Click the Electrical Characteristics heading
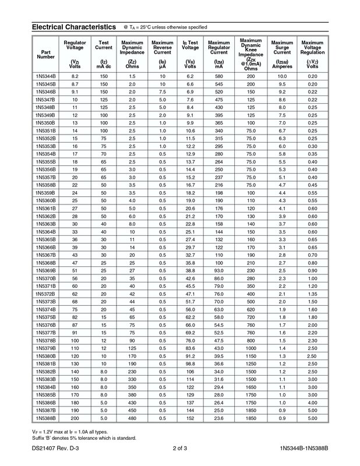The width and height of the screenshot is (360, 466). [74, 27]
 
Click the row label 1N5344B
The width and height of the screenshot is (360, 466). [45, 77]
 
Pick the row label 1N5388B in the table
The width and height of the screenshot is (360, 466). [45, 419]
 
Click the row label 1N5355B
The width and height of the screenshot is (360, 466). [45, 162]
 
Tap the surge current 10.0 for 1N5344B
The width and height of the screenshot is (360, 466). [282, 77]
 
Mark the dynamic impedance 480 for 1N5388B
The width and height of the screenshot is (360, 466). [132, 419]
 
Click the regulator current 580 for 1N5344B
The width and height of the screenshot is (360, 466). [219, 77]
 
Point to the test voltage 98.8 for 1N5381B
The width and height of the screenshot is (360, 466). [189, 364]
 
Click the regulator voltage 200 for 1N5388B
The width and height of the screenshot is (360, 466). [75, 419]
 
